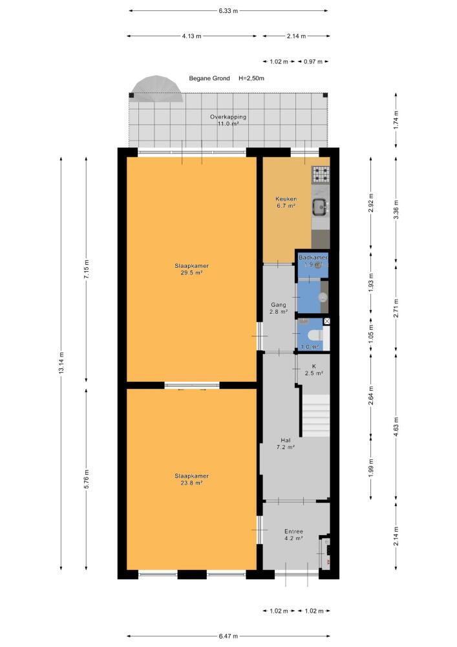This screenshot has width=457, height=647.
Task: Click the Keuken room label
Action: point(286,202)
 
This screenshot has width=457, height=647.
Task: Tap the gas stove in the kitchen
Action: point(321,174)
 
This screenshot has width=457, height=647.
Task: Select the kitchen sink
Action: point(320,207)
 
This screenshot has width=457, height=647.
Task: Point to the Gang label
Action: point(279,308)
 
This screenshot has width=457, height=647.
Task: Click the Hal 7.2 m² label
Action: point(285,443)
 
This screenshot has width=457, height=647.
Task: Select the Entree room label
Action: point(293,535)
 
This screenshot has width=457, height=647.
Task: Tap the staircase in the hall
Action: point(316,415)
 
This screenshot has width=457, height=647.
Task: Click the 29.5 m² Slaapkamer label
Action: point(191,269)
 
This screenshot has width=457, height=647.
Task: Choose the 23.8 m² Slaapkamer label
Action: point(191,479)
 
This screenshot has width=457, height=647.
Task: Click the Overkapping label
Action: point(228,120)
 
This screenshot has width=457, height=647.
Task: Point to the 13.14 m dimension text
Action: point(61,363)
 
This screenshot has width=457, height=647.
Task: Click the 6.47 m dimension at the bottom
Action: point(228,636)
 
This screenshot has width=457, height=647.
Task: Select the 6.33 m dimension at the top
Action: point(228,11)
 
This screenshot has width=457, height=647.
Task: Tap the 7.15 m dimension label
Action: point(86,269)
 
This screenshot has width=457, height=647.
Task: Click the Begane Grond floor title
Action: point(209,78)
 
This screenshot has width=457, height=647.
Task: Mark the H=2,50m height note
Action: point(251,78)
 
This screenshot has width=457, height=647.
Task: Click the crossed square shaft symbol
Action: point(327,321)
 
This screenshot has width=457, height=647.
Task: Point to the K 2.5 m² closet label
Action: point(314,369)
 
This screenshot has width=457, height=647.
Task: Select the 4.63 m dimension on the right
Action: point(396,426)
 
